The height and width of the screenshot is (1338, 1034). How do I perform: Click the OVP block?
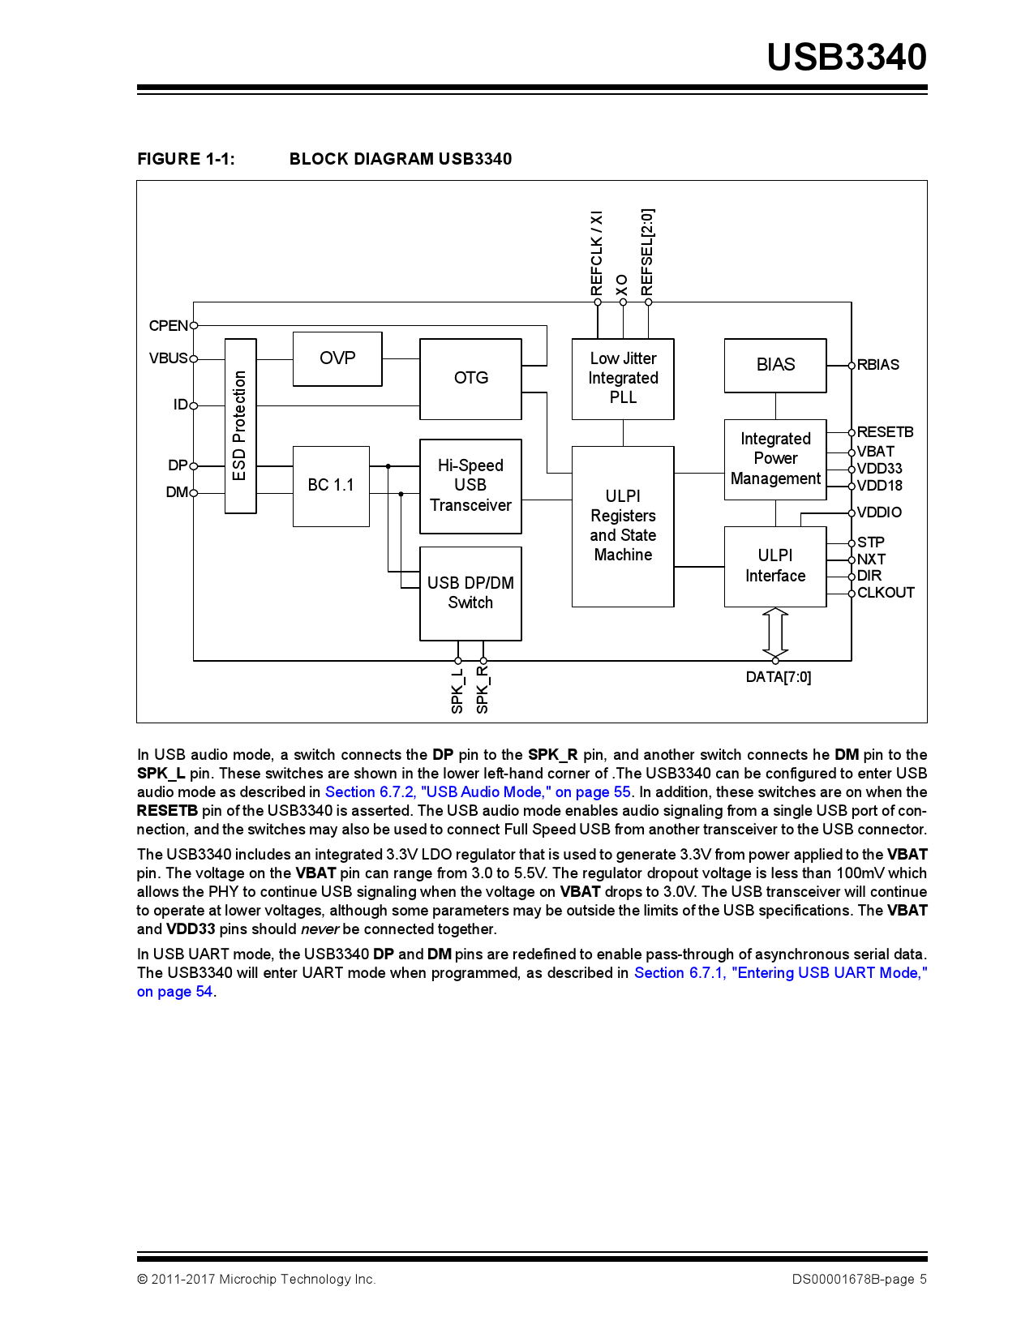(337, 358)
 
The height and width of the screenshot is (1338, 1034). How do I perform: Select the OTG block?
(470, 379)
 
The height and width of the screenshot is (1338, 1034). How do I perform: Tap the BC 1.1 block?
(331, 486)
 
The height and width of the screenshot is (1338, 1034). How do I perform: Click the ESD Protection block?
(240, 426)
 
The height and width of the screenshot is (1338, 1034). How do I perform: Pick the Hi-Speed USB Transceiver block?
(470, 486)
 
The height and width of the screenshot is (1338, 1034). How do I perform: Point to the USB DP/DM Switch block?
(470, 593)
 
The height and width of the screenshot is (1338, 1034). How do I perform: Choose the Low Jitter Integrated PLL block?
(623, 379)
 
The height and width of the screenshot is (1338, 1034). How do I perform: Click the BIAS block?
(775, 365)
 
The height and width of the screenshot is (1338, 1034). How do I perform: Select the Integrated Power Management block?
(775, 459)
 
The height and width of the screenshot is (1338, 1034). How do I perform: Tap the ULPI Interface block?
(775, 566)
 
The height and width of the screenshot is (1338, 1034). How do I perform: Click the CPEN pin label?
(168, 326)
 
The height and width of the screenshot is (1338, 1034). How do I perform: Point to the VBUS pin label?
(168, 358)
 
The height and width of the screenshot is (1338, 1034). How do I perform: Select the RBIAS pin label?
(878, 365)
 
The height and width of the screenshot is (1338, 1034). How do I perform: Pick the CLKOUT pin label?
(886, 593)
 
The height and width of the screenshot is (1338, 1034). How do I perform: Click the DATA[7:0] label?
(779, 677)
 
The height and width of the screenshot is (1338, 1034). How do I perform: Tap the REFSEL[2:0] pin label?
(647, 252)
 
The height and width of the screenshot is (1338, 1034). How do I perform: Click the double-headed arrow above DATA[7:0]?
(775, 633)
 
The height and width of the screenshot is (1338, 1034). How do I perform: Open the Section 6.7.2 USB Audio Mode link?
(478, 792)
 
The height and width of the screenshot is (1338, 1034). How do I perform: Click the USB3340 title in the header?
(847, 57)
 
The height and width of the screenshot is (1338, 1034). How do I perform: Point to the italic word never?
(320, 929)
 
